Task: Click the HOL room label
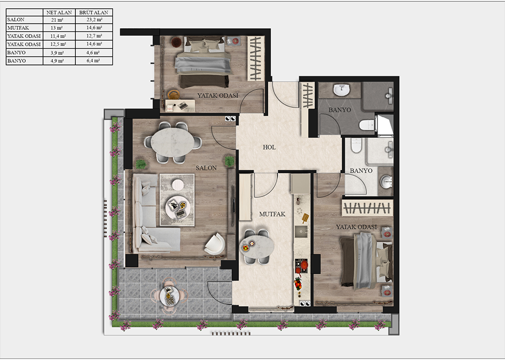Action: (269, 147)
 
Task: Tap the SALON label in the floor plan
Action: (206, 168)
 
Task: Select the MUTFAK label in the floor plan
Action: (272, 214)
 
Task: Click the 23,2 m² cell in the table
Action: (94, 20)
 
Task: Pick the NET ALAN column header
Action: (59, 13)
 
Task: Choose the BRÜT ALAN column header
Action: (94, 13)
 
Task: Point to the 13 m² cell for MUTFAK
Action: (57, 28)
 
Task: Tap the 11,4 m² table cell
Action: (58, 36)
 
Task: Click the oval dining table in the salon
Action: (173, 142)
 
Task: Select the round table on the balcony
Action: (169, 296)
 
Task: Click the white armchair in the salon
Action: (215, 244)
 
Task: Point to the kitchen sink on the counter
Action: (301, 231)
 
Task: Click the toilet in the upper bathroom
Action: (367, 125)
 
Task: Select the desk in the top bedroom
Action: (180, 106)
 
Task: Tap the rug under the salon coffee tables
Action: (177, 200)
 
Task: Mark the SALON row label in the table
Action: (16, 20)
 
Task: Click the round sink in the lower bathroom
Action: (386, 182)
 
